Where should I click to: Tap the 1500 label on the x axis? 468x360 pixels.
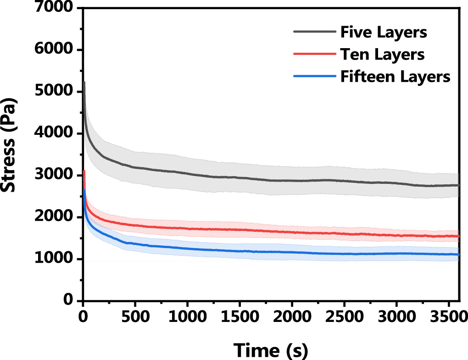coord(239,317)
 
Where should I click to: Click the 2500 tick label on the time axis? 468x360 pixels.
coord(344,317)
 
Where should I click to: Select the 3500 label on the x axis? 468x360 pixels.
coord(447,317)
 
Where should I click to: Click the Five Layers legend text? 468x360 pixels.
coord(384,33)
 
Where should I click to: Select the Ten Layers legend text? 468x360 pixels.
coord(382,55)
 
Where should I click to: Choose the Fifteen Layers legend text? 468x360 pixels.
coord(395,77)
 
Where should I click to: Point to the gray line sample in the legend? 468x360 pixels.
coord(314,32)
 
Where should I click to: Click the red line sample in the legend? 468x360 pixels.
coord(314,54)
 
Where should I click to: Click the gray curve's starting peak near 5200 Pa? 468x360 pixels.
coord(84,83)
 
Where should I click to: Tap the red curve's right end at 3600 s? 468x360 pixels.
coord(458,236)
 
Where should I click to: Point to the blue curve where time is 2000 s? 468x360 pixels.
coord(291,252)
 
